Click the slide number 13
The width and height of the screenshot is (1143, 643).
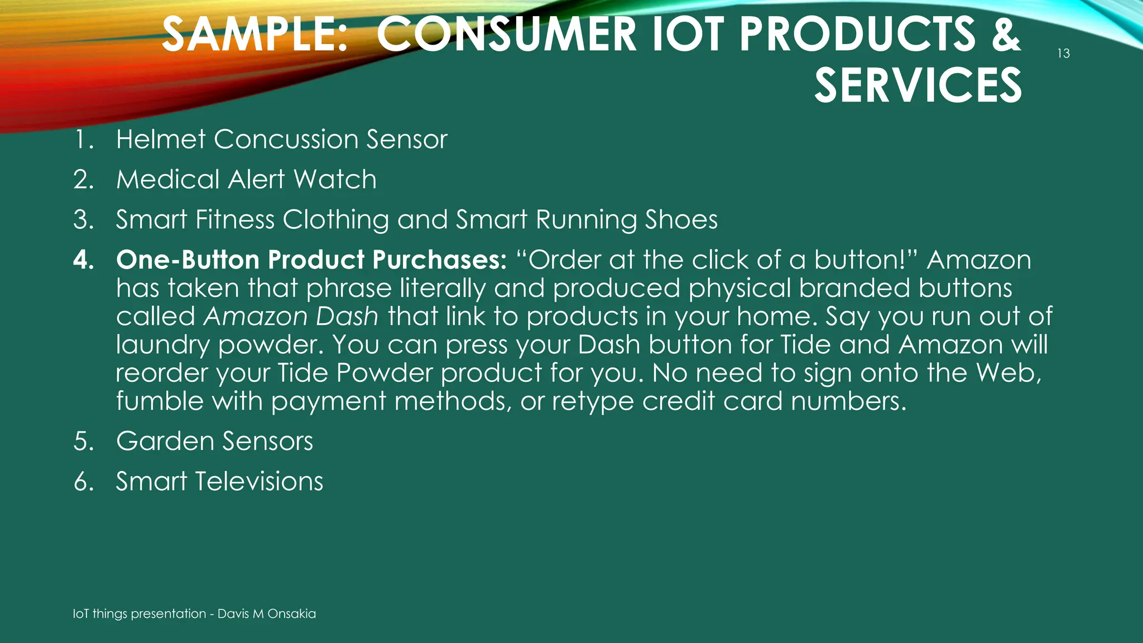click(1063, 54)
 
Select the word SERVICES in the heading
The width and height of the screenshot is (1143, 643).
click(918, 85)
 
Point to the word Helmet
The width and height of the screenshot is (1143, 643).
click(161, 139)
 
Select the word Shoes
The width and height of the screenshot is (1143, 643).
click(681, 220)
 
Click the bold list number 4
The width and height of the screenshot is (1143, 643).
click(84, 260)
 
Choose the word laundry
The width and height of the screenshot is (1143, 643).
click(163, 346)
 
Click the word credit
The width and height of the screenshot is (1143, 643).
click(678, 401)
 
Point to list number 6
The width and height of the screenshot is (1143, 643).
click(84, 481)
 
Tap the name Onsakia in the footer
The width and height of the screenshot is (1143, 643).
click(291, 614)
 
